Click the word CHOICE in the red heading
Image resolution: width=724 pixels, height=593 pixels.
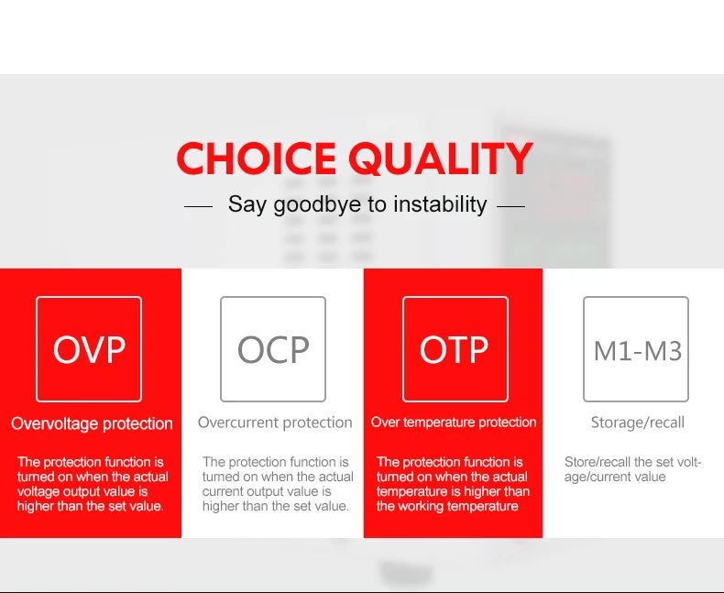[257, 158]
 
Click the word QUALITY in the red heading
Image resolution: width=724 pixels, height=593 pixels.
[441, 159]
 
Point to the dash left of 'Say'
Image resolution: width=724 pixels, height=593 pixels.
[199, 206]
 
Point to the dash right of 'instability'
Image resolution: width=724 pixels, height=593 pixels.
[510, 206]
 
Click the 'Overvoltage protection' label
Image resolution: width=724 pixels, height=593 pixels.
[92, 423]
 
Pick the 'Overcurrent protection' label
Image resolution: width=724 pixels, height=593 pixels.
[275, 423]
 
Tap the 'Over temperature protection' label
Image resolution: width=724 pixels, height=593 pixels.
[454, 423]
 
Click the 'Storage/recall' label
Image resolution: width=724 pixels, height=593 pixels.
[638, 423]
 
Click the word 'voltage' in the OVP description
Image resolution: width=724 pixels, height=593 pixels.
[38, 491]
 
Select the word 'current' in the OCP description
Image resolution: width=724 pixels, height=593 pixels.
[224, 491]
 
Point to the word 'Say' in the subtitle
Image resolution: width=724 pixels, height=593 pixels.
[247, 204]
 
